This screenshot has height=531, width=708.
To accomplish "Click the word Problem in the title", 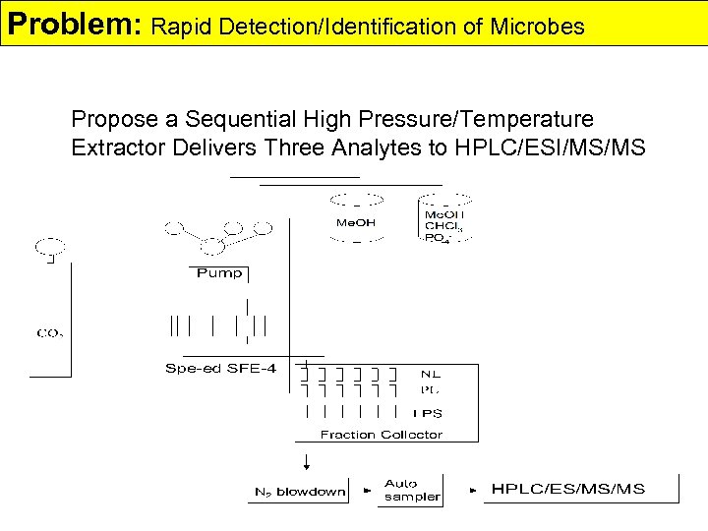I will (70, 24).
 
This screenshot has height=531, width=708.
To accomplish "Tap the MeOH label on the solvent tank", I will (356, 222).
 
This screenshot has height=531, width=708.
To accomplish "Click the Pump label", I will (218, 272).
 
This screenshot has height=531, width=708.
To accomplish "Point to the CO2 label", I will (50, 332).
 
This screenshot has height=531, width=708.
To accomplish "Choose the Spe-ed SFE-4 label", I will (221, 369).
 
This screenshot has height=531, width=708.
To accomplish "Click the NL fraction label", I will (431, 374).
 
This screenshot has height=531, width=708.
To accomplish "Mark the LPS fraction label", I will (428, 413).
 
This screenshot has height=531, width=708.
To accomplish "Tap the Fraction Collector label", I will (381, 434).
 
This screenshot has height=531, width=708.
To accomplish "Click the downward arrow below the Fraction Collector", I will (306, 461).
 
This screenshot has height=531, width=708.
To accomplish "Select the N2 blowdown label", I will (300, 492).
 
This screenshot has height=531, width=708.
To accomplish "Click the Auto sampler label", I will (412, 490).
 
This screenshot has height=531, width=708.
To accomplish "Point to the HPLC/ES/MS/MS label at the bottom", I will (568, 490).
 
